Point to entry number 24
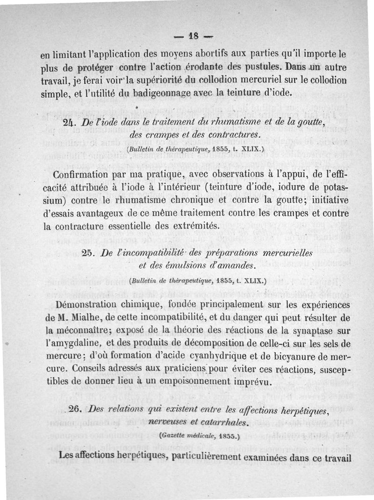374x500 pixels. (70, 123)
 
